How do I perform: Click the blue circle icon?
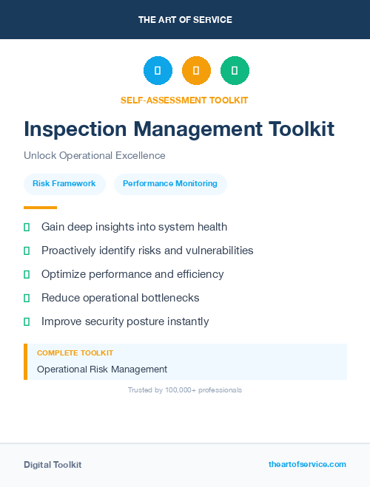tap(158, 71)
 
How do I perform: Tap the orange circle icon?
tap(196, 71)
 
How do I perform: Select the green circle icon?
tap(235, 71)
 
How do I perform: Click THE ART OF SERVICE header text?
tap(185, 20)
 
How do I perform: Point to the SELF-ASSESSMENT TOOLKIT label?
tap(184, 100)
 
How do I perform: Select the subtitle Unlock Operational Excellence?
tap(94, 156)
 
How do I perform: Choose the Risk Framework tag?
tap(64, 184)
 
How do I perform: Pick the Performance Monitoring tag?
tap(170, 184)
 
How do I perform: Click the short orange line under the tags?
tap(40, 208)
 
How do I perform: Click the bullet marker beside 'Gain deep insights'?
tap(27, 227)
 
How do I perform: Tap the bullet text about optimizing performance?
tap(132, 274)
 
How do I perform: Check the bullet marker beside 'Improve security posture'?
tap(27, 321)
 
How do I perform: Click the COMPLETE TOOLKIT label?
tap(75, 353)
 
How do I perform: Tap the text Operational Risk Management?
tap(102, 369)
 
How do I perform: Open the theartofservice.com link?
tap(307, 464)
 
